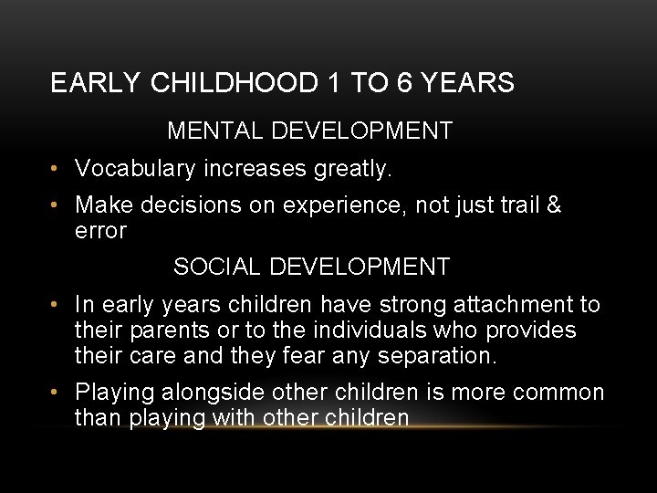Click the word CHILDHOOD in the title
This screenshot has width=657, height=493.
233,84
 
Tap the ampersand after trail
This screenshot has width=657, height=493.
553,205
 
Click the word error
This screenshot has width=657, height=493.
100,231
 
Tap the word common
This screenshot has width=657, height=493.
558,393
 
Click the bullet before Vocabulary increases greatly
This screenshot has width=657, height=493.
57,169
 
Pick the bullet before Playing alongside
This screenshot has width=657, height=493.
57,393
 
